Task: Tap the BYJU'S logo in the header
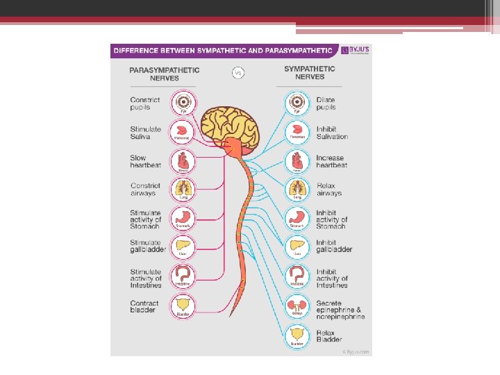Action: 355,51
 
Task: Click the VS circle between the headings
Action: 239,72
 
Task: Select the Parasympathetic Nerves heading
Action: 164,74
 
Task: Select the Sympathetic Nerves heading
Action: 310,72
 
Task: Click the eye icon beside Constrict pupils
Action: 183,103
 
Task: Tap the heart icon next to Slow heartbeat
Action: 183,161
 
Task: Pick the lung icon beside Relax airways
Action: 297,189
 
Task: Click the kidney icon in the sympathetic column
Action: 297,306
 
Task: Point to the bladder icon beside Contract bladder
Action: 183,306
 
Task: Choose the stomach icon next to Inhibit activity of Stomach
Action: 297,219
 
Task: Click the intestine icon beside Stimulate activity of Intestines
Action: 183,276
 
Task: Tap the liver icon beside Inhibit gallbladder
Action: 297,247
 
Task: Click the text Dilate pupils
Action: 326,103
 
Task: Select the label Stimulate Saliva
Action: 145,133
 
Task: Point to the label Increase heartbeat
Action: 330,162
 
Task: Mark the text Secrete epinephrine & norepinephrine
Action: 340,310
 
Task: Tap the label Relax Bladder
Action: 330,336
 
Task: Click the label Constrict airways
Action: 145,190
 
